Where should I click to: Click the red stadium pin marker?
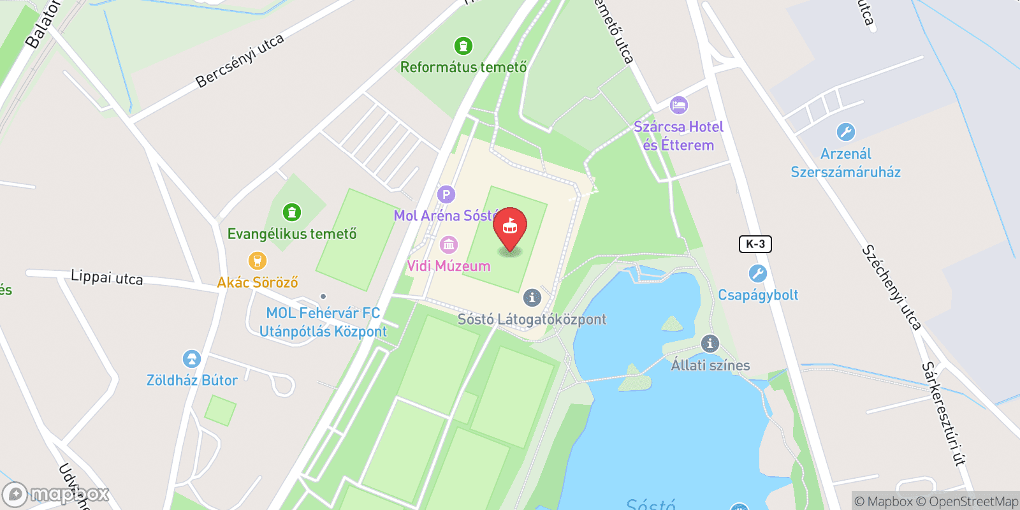[x=510, y=227]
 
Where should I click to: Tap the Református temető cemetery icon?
[x=463, y=46]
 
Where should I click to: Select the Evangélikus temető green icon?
[x=292, y=212]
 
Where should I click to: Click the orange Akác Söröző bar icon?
[x=257, y=261]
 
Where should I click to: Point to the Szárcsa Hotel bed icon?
[x=679, y=105]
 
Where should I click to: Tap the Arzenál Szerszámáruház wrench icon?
[x=845, y=132]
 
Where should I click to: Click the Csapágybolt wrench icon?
[x=757, y=273]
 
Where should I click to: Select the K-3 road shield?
[x=755, y=244]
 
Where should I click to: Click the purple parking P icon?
[x=446, y=194]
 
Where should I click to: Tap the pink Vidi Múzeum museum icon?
[x=449, y=244]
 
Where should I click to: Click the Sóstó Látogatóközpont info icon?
[x=532, y=297]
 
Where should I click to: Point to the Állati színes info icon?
[x=710, y=344]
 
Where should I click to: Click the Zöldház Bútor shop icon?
[x=191, y=359]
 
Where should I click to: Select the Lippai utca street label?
[x=107, y=277]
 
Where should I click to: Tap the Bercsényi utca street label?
[x=240, y=61]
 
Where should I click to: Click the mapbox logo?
[x=56, y=494]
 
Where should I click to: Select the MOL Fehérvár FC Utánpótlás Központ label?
[x=323, y=322]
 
